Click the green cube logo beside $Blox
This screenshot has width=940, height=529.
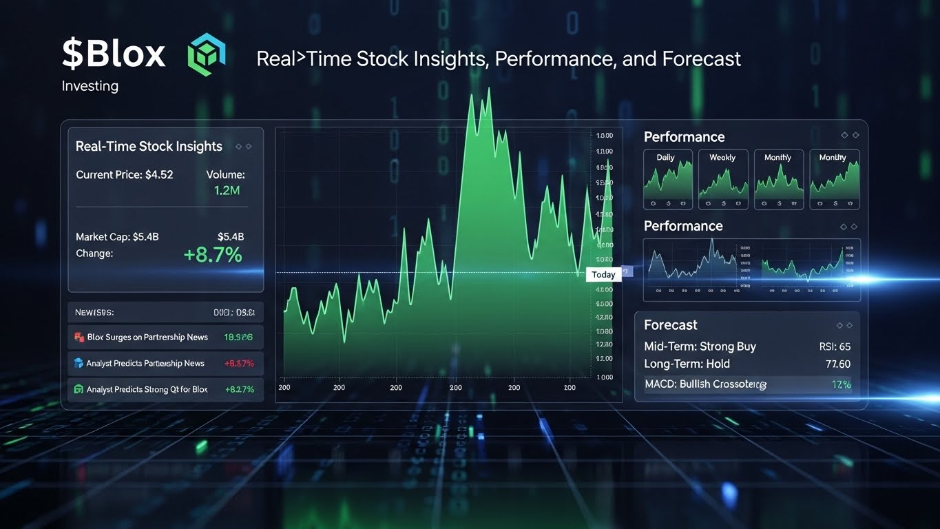pos(206,56)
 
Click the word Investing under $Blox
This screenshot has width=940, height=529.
pos(90,86)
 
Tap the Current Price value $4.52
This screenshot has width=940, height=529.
pos(159,175)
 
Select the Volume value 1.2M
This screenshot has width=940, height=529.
pos(227,191)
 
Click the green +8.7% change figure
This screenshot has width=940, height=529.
pos(213,255)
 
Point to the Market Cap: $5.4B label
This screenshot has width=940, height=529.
pos(117,237)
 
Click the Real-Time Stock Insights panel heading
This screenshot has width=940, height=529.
pos(149,146)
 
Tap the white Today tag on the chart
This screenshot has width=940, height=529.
pos(603,274)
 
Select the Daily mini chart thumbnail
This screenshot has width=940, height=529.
pos(667,179)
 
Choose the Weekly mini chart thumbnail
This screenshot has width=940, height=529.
pos(722,179)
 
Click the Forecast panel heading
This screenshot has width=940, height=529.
pos(670,324)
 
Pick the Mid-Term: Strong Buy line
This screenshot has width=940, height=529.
pos(700,346)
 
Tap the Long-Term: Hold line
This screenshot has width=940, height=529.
pos(687,364)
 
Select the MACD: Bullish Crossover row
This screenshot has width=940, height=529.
pos(705,384)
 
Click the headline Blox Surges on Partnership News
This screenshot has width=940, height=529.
pos(147,338)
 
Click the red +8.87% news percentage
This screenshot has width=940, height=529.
pos(239,363)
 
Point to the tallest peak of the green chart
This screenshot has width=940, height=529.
pos(488,90)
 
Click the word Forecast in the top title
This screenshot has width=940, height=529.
pos(701,59)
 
